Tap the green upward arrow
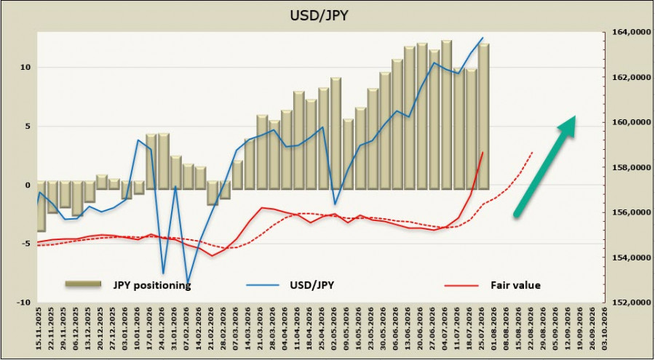tap(545, 166)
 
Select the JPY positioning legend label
tap(152, 285)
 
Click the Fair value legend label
tap(515, 285)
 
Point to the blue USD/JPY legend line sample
tap(262, 285)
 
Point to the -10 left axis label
tap(23, 303)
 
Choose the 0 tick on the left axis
tap(28, 185)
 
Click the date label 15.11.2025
tap(41, 329)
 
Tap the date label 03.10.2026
tap(604, 329)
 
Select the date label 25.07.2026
tap(482, 329)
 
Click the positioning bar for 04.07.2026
tap(447, 115)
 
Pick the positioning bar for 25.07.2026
tap(484, 116)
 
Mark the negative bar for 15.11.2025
tap(41, 207)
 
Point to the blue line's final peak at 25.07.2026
tap(483, 38)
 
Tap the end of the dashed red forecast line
tap(533, 153)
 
